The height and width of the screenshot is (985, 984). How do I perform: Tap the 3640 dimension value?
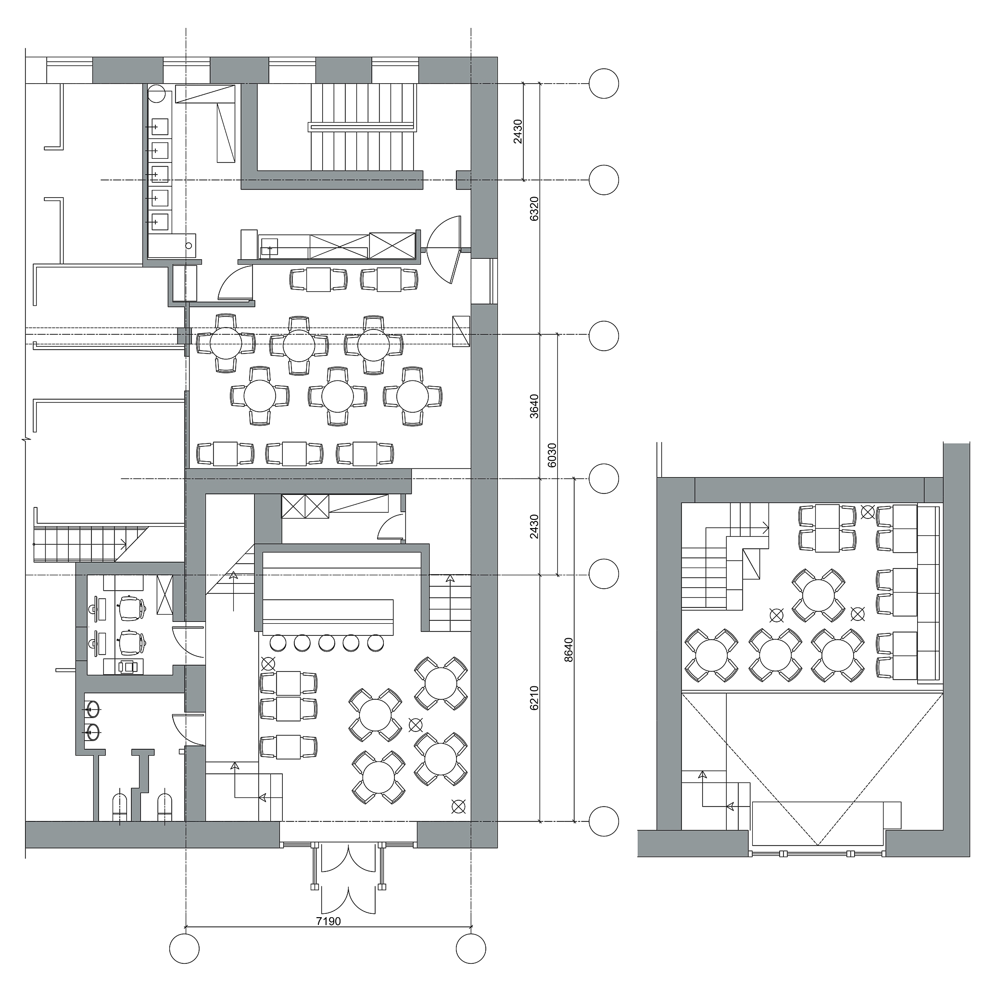point(534,406)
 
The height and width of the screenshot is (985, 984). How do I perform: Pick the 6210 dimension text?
point(534,698)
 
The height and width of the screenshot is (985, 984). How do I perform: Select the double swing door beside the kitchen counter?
point(443,250)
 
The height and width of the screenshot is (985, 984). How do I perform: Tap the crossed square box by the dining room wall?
point(461,331)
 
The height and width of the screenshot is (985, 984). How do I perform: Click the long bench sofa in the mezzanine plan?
point(929,594)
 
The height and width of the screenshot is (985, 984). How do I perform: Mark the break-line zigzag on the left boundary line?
point(25,439)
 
